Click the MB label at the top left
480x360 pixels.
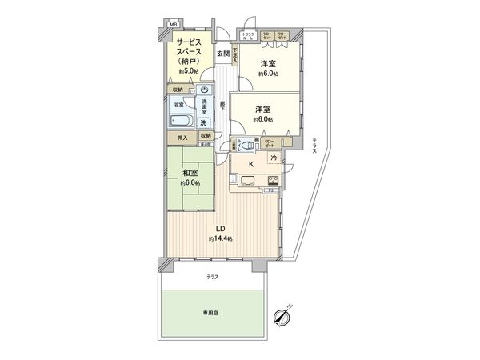coord(170,24)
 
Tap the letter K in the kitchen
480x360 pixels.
coord(251,165)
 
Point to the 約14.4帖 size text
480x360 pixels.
coord(221,238)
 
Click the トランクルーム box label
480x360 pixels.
coord(249,36)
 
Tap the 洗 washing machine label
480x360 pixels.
coord(204,122)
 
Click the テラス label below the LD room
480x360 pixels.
coord(212,277)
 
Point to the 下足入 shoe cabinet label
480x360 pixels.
coord(235,55)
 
